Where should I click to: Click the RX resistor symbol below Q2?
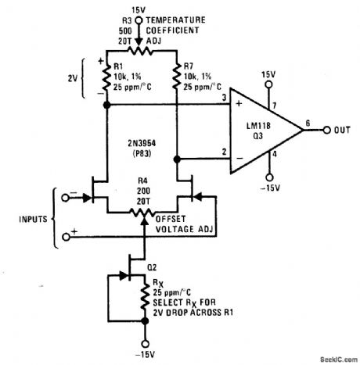coord(144,298)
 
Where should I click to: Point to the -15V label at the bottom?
coord(143,356)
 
